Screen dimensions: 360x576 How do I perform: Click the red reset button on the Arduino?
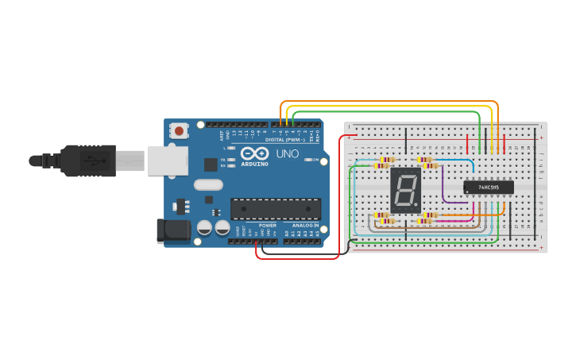180,130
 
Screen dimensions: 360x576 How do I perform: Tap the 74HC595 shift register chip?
489,188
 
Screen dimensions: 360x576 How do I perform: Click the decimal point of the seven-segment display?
416,204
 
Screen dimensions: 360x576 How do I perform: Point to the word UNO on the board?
287,153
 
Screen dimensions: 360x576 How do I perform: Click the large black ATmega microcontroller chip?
276,209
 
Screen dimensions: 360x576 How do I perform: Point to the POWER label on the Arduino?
268,225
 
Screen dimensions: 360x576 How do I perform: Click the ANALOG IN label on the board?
305,225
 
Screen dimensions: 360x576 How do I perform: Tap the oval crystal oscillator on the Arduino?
208,185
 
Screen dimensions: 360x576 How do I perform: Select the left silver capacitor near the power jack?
204,228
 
